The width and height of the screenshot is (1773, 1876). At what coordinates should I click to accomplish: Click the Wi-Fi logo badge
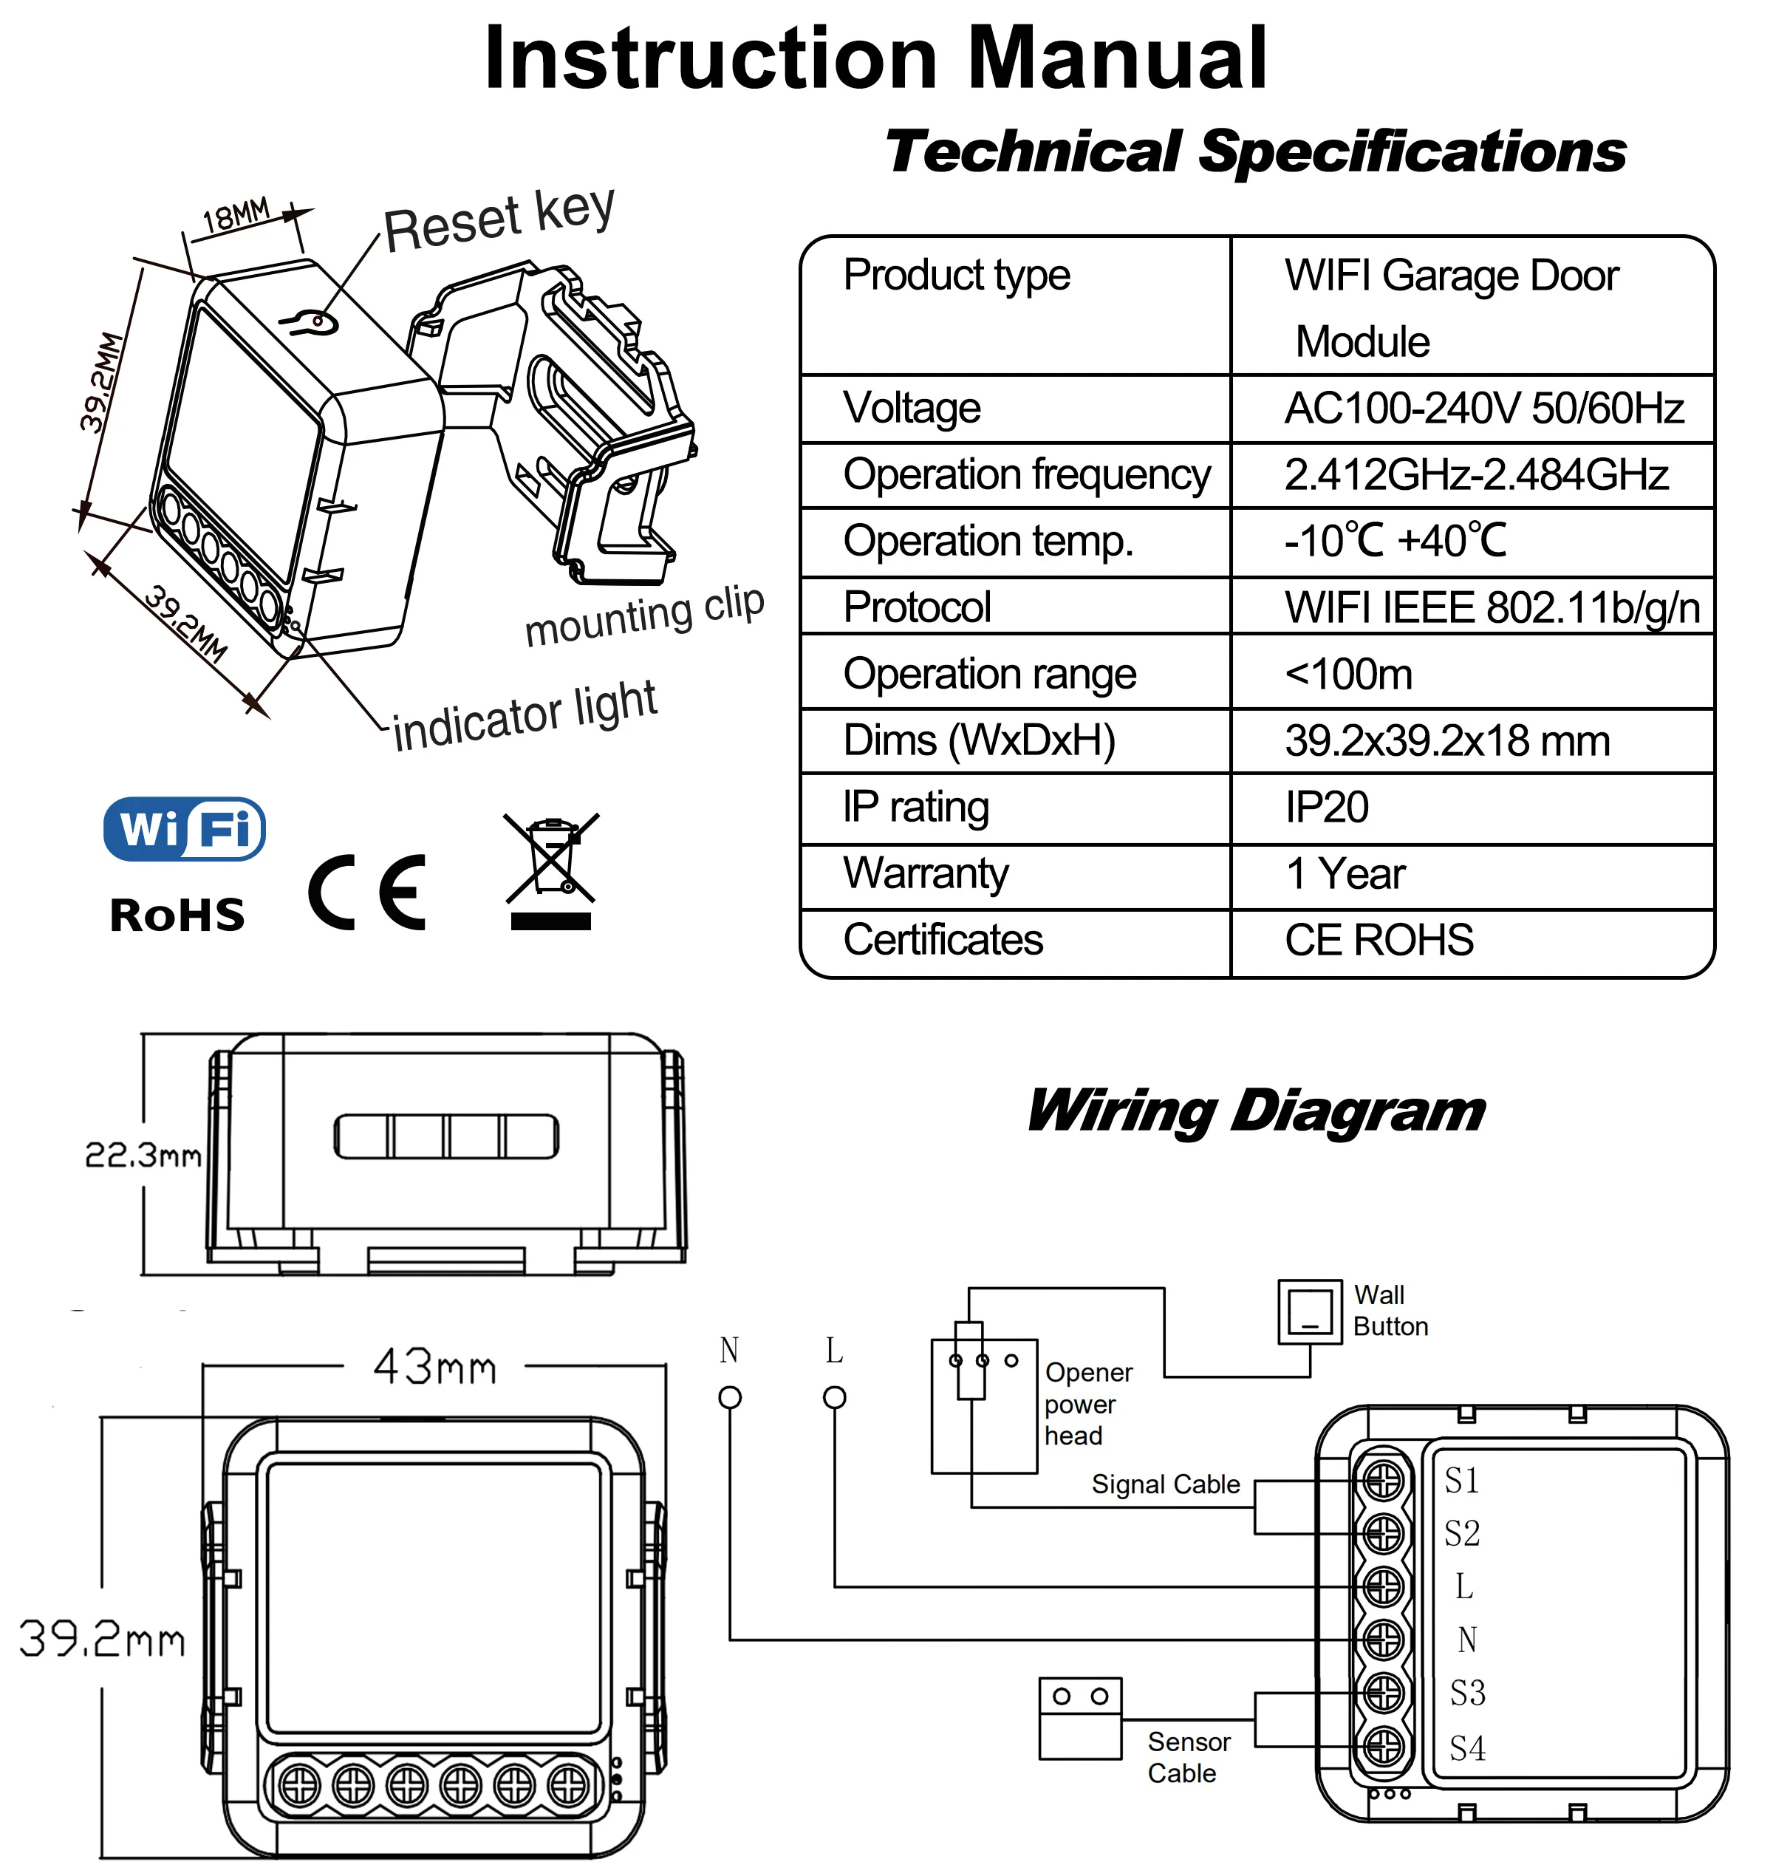[184, 829]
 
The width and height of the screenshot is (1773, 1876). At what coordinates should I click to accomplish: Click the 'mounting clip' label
[643, 615]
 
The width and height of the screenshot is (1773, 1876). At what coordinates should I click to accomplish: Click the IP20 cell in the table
[1326, 807]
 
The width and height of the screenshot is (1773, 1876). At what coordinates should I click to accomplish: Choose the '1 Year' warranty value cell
[1345, 873]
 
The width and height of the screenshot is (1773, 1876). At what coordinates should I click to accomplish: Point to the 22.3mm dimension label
[143, 1154]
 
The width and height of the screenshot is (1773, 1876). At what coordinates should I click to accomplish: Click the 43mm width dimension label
[434, 1367]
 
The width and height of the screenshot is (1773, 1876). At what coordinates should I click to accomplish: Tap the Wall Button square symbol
[1310, 1312]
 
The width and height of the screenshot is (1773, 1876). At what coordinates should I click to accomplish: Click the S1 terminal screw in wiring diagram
[1383, 1480]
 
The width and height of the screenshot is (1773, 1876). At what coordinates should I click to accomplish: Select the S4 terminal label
[1468, 1747]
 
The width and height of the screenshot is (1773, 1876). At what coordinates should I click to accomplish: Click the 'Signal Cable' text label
[1165, 1484]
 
